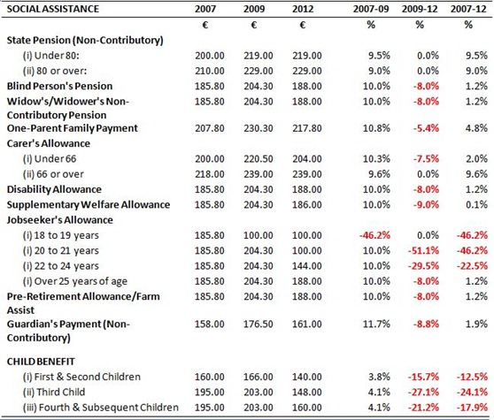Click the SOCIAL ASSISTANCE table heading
point(53,9)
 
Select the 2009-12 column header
point(420,9)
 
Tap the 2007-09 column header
point(371,9)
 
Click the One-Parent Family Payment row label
point(72,128)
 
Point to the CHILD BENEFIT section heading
point(41,362)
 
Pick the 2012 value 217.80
point(307,128)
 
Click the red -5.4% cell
point(426,128)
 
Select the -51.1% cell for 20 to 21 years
point(423,251)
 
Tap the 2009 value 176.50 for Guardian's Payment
point(258,324)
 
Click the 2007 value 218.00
point(210,174)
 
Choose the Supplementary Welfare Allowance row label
point(89,205)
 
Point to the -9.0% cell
point(426,205)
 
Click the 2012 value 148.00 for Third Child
point(307,393)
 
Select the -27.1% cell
point(423,393)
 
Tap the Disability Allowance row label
point(54,189)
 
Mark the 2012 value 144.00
point(307,266)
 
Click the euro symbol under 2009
point(253,25)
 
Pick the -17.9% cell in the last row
point(472,408)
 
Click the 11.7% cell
point(376,324)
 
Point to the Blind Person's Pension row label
point(59,86)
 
